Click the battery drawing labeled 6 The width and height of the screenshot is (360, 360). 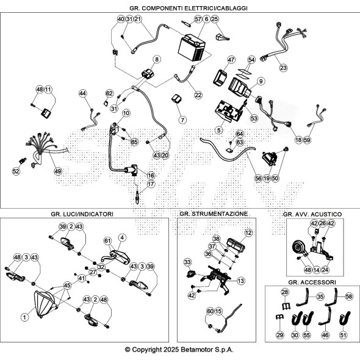click(x=192, y=48)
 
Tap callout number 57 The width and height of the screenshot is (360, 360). click(x=198, y=20)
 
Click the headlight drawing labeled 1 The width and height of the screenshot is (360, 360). click(x=45, y=304)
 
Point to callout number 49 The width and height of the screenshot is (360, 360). click(x=58, y=171)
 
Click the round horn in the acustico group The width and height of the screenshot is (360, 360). click(x=298, y=248)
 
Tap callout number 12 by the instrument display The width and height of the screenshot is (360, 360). click(x=248, y=233)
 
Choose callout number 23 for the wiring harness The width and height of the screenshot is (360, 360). click(x=283, y=68)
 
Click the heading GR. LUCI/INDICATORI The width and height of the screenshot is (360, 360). click(x=82, y=214)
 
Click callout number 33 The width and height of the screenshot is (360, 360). click(x=187, y=262)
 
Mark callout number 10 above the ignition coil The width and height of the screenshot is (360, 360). click(x=126, y=113)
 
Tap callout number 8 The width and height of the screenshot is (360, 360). click(x=157, y=59)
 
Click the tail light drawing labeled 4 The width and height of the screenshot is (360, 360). click(x=120, y=257)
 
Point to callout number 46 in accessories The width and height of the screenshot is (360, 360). click(x=325, y=335)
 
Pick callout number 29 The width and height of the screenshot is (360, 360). click(x=279, y=335)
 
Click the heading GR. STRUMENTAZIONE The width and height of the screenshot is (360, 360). click(x=214, y=214)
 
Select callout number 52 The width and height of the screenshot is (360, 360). click(x=16, y=171)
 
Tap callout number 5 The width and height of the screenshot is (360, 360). click(x=219, y=130)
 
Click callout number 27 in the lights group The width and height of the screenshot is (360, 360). click(x=93, y=272)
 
